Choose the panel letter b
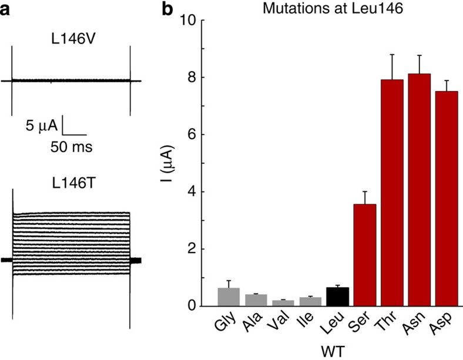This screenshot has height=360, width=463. coord(167,9)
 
